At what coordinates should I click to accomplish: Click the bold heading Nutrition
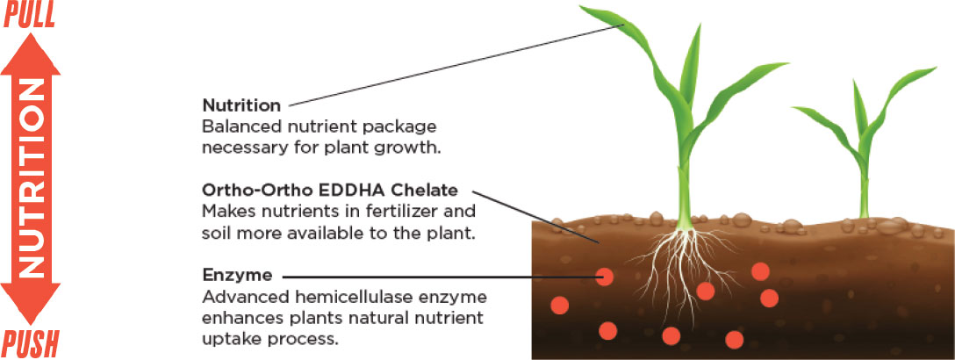coord(238,104)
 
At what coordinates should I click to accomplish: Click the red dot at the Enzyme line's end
coord(604,277)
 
